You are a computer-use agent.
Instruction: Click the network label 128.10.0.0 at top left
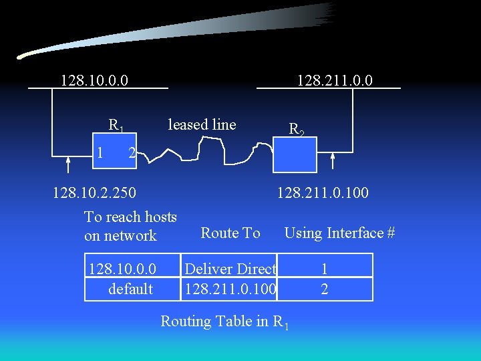click(94, 81)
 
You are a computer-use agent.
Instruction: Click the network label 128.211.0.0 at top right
click(335, 81)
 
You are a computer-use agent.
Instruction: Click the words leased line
click(202, 124)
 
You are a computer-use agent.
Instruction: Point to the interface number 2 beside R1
click(132, 153)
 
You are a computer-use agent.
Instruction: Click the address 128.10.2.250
click(94, 193)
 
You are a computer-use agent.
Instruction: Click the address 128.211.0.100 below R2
click(323, 193)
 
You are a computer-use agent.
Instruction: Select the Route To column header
click(230, 233)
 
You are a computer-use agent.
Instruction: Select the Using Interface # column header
click(339, 233)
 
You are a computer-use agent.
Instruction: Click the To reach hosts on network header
click(130, 226)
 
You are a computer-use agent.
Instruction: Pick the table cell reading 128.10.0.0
click(122, 269)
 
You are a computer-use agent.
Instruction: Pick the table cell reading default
click(130, 289)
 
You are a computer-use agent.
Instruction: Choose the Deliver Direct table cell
click(230, 269)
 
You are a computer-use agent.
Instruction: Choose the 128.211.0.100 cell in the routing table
click(230, 289)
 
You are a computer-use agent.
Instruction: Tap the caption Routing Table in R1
click(224, 322)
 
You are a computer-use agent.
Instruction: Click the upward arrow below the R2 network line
click(333, 161)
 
